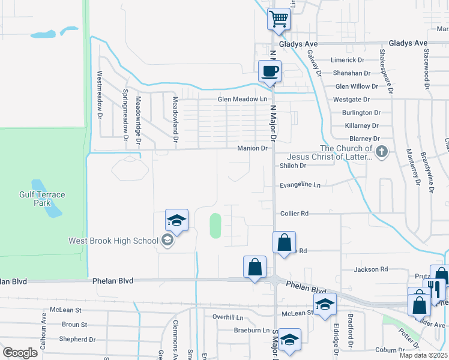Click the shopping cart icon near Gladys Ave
(x=279, y=19)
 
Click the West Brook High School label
(x=113, y=241)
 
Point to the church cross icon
(x=382, y=153)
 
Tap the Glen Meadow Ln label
(x=242, y=99)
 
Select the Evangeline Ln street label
(x=300, y=185)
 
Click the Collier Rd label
(x=294, y=213)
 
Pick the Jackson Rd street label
(x=371, y=269)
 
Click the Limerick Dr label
(x=349, y=61)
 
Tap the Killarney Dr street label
(x=361, y=126)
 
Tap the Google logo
(x=20, y=353)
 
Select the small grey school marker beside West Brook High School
(x=167, y=241)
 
